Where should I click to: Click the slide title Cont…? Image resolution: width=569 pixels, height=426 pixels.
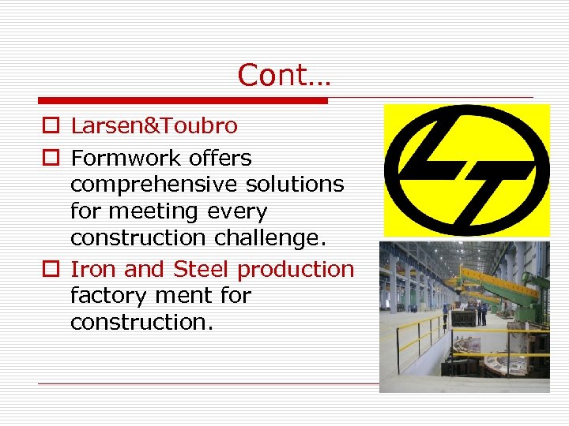pos(284,76)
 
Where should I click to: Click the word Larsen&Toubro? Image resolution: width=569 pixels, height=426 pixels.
pos(153,125)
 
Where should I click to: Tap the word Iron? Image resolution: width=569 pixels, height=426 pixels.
pos(94,269)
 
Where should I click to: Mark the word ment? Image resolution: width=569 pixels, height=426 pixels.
pos(183,296)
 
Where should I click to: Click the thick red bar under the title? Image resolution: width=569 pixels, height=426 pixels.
pos(183,101)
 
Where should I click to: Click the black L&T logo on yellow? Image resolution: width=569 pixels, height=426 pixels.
pos(466,170)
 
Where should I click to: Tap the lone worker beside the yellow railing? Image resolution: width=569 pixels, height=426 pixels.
pos(446,317)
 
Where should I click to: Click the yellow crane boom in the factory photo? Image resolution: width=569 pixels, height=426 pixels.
pos(490,281)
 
